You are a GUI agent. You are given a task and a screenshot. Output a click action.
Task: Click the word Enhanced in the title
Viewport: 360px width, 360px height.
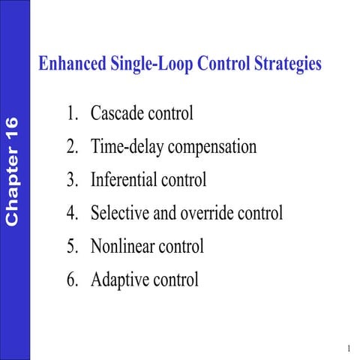pos(71,64)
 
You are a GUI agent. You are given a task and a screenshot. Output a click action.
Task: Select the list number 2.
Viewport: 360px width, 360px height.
pos(70,147)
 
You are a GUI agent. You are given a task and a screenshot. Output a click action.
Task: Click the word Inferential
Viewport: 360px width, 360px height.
pos(125,180)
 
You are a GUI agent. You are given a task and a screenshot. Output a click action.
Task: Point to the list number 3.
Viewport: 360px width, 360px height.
pos(70,180)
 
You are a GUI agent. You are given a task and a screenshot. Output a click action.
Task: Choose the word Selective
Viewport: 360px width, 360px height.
pos(120,213)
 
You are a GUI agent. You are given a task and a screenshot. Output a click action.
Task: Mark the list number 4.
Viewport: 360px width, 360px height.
pos(70,213)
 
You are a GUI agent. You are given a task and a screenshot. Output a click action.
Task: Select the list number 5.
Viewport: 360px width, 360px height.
pos(70,246)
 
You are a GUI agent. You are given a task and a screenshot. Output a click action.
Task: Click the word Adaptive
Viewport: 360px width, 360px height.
pos(119,280)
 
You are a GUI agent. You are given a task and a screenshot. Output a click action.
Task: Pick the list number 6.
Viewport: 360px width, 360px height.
pos(70,280)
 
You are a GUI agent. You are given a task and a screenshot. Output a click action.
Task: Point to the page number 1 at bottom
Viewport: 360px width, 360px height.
pos(349,349)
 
